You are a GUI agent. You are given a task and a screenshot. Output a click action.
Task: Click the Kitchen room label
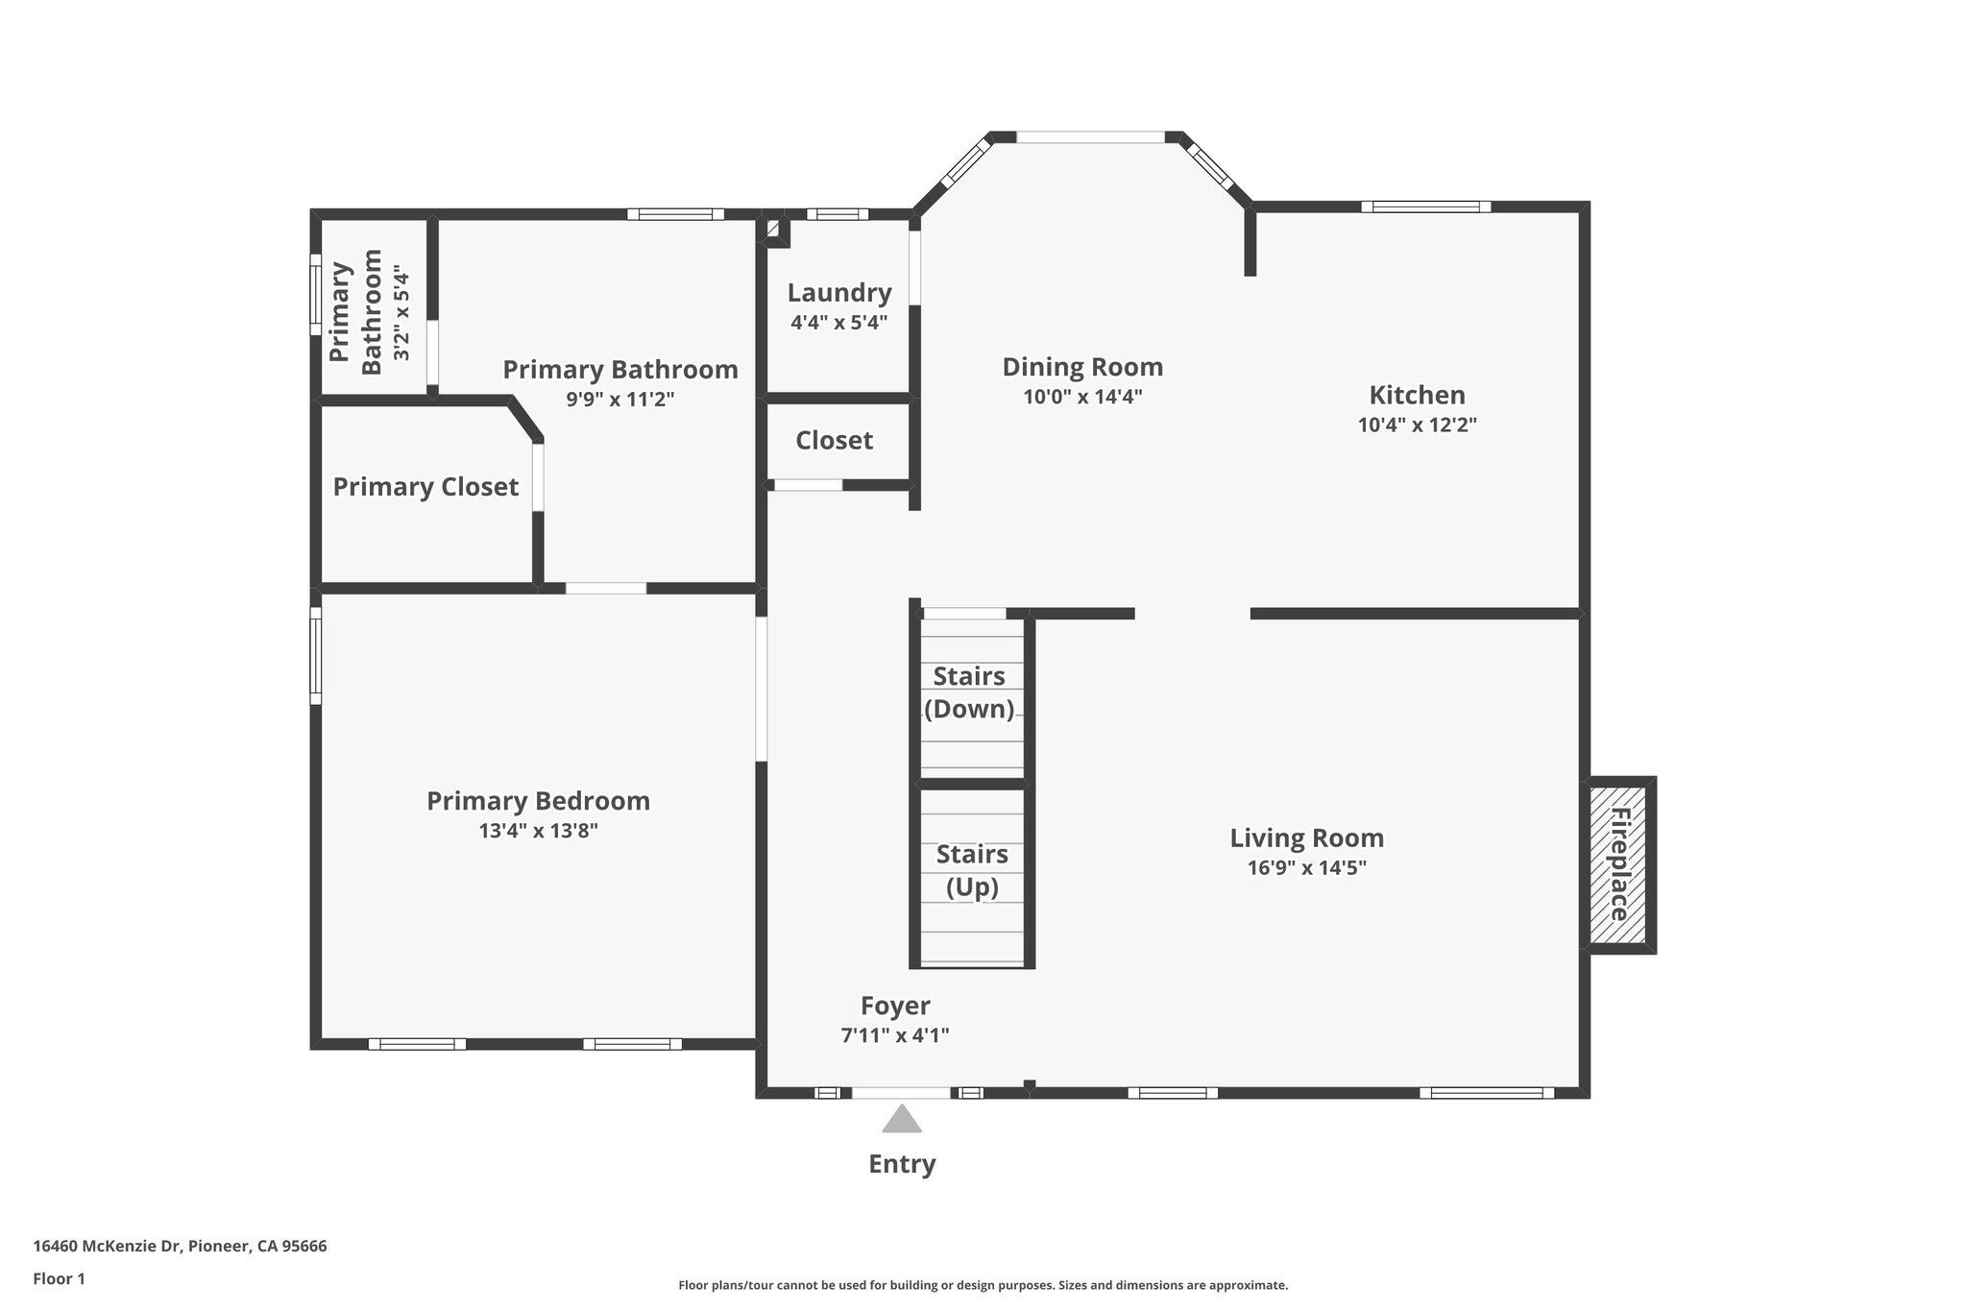coord(1417,395)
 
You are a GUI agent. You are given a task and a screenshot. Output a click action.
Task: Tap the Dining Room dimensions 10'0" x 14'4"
coord(1082,397)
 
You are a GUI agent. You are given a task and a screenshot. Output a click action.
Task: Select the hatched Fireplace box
coord(1618,864)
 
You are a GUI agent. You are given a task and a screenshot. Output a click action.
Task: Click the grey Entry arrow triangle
coord(902,1120)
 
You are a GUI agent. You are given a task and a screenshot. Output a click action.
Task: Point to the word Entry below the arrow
coord(902,1164)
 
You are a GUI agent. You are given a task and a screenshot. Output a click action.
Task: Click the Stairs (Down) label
coord(969,692)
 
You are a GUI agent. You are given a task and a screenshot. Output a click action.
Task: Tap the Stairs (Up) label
coord(972,870)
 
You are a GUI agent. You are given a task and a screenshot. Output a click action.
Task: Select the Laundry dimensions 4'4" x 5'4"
coord(838,323)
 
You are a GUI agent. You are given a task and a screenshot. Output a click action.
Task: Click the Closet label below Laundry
coord(834,441)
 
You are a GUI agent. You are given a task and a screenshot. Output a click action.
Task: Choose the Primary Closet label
coord(425,487)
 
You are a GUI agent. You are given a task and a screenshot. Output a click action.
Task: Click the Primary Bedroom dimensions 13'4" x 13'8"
coord(538,831)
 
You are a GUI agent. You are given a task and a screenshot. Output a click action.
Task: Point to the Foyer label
coord(895,1006)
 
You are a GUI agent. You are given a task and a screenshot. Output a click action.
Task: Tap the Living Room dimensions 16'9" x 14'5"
coord(1306,868)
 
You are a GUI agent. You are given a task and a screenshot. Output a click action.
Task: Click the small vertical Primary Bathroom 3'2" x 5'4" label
coord(371,312)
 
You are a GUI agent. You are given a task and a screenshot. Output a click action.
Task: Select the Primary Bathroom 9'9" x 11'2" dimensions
coord(620,400)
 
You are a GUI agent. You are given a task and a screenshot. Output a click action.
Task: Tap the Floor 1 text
coord(59,1278)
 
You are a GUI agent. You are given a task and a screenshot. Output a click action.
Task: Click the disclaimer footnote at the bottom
coord(983,1285)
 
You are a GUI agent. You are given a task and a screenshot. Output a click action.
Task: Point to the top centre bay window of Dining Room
coord(1090,137)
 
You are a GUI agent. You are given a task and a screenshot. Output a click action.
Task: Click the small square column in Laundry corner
coord(774,231)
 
